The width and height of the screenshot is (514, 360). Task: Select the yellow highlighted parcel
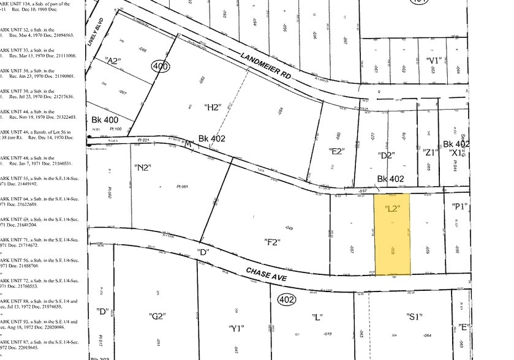392,235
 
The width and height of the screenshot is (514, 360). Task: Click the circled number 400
159,67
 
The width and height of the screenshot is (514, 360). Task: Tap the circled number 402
287,300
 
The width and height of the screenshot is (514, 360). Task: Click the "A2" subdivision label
113,61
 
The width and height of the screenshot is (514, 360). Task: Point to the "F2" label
271,243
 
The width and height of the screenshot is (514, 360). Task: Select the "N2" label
142,167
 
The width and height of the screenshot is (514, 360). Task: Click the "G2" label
157,316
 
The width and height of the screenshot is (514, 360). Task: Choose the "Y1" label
236,328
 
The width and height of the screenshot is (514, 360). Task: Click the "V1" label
434,60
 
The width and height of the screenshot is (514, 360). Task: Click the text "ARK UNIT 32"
15,29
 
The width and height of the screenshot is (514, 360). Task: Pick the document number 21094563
60,36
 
